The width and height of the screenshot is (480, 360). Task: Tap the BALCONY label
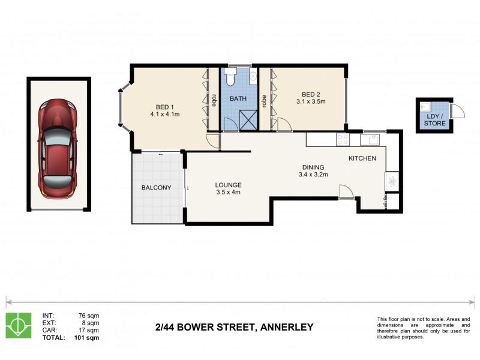pos(156,188)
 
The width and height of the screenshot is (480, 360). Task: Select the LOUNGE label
pos(229,185)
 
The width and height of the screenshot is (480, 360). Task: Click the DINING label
pos(314,167)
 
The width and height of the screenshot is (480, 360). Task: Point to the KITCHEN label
pos(362,158)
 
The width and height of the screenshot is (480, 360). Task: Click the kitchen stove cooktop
pos(343,139)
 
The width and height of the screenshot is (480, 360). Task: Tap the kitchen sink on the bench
pos(371,139)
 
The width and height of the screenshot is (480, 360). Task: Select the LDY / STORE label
pos(434,119)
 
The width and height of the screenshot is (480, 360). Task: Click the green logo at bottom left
pos(18,325)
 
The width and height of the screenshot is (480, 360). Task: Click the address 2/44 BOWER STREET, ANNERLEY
pos(234,328)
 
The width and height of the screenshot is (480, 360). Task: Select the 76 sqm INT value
pos(89,316)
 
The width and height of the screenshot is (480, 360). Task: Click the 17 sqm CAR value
pos(89,330)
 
